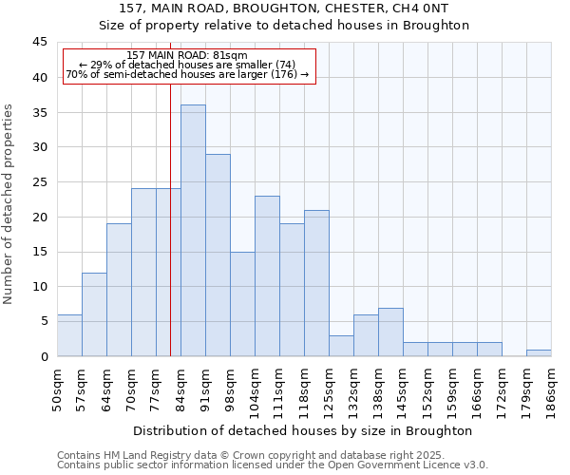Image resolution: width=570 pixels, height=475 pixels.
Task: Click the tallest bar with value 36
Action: pyautogui.click(x=193, y=231)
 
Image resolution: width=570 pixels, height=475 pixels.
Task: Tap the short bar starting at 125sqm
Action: pyautogui.click(x=341, y=346)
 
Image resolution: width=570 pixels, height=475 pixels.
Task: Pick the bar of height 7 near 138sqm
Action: pyautogui.click(x=390, y=332)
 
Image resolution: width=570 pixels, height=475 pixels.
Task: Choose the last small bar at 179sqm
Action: pyautogui.click(x=539, y=352)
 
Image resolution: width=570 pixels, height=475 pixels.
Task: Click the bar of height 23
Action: pyautogui.click(x=267, y=275)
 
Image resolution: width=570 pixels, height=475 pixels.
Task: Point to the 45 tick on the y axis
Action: pyautogui.click(x=40, y=43)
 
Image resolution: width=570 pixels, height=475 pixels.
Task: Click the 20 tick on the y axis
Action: pyautogui.click(x=40, y=217)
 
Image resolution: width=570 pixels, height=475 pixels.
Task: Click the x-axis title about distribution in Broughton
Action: pyautogui.click(x=310, y=430)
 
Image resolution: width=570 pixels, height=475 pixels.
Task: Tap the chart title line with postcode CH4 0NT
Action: pyautogui.click(x=284, y=9)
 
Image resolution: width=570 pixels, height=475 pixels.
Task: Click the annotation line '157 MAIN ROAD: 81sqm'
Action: pyautogui.click(x=187, y=56)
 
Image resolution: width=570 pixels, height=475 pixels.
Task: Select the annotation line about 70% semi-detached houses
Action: pyautogui.click(x=187, y=74)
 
